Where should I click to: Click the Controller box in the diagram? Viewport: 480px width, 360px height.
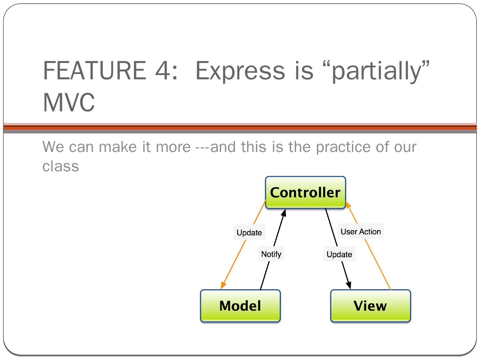pos(305,193)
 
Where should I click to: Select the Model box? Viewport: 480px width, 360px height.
pos(240,306)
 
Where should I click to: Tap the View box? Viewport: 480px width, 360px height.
pos(370,306)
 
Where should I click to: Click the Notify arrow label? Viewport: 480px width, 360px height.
pos(271,254)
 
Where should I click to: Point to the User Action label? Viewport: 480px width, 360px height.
pos(361,232)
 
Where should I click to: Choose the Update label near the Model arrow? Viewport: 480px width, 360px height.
pos(249,233)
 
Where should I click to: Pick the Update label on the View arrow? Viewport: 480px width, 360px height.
pos(339,255)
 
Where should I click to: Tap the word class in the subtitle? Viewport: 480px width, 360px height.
pos(61,166)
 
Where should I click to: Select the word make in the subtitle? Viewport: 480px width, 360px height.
pos(118,147)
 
